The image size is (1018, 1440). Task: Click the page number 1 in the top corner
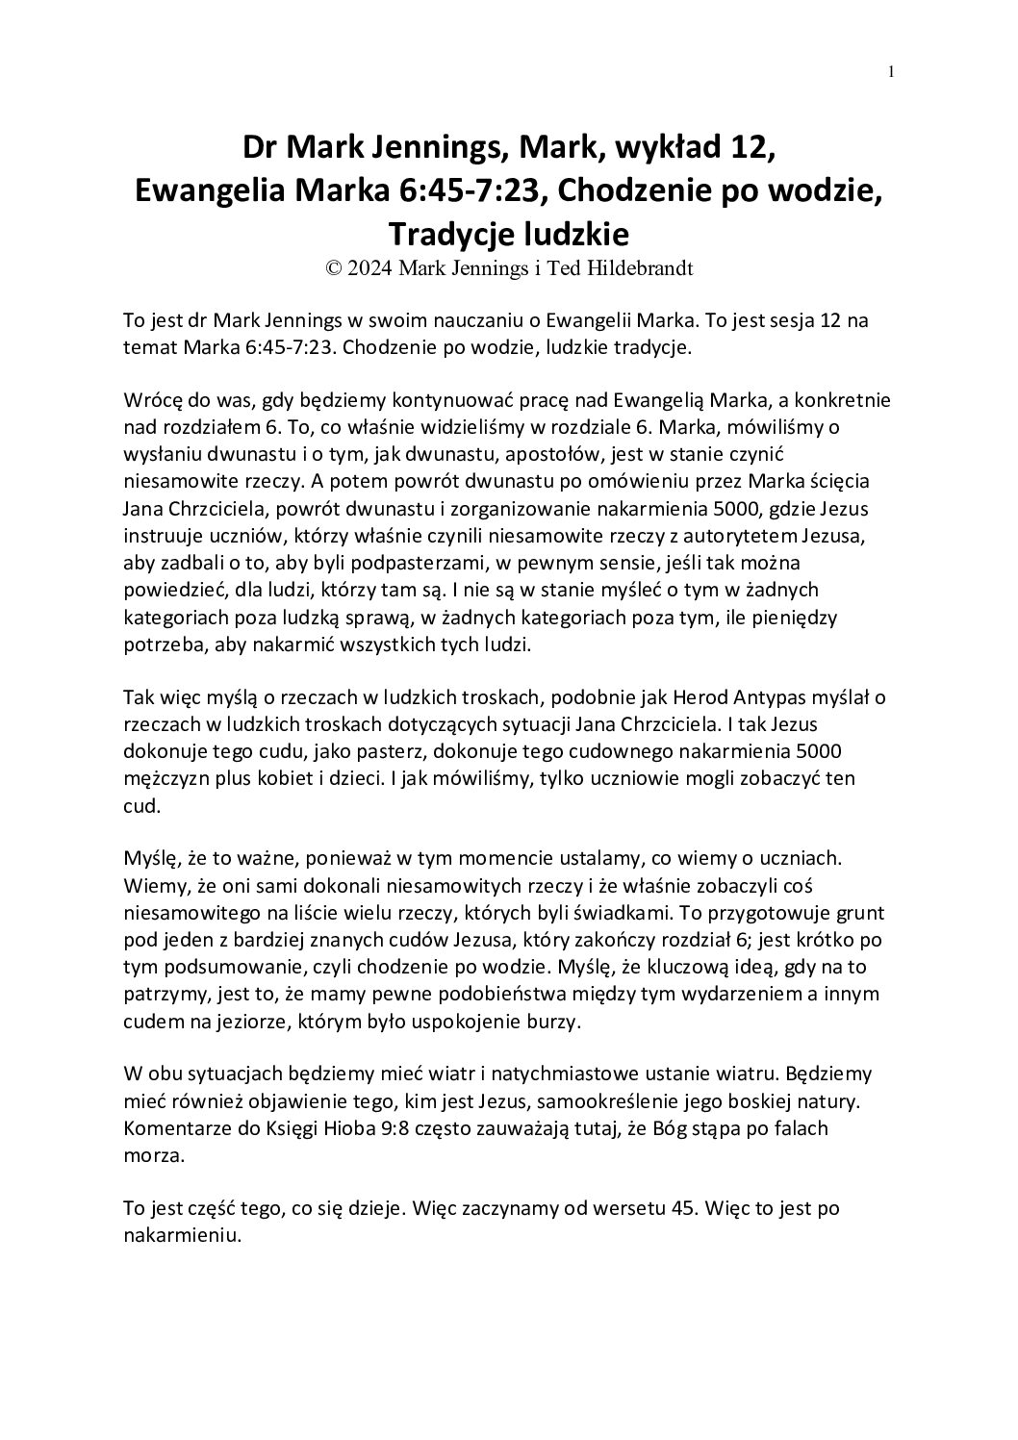tap(891, 71)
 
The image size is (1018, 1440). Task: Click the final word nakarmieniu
tap(180, 1237)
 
